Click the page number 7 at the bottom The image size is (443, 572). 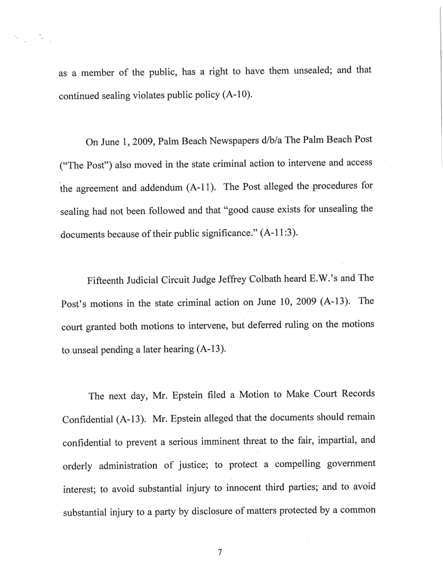point(220,552)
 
